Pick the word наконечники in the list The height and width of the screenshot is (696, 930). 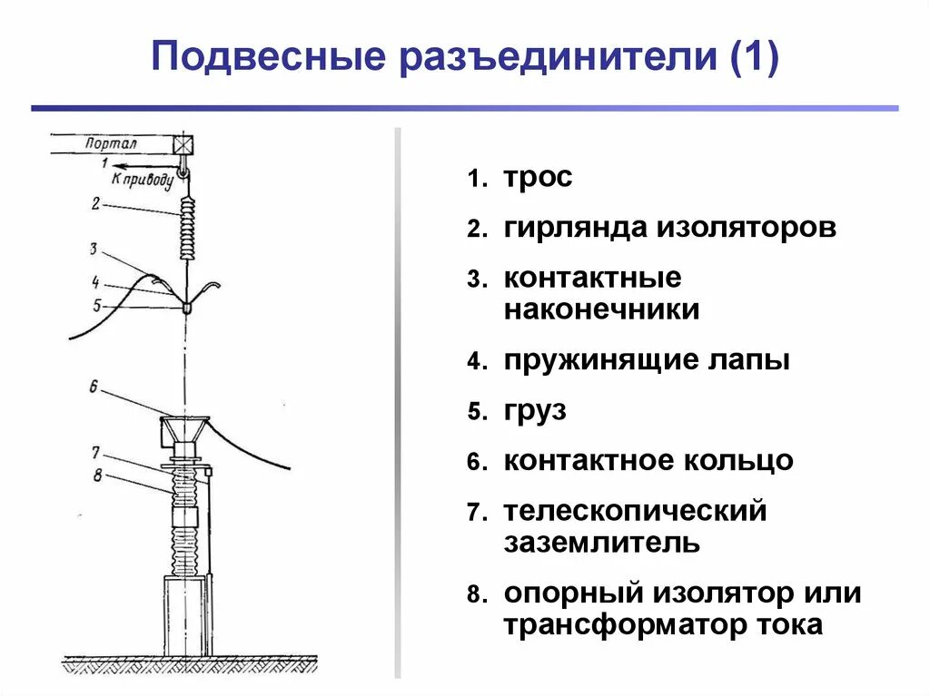(601, 309)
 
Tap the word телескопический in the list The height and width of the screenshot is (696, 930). (636, 512)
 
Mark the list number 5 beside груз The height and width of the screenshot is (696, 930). (475, 412)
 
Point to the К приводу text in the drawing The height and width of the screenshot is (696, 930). (143, 178)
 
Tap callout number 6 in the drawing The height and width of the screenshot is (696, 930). (93, 387)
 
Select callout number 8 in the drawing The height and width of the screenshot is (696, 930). (96, 472)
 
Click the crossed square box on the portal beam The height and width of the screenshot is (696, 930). (184, 144)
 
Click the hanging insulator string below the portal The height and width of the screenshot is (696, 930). (188, 229)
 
